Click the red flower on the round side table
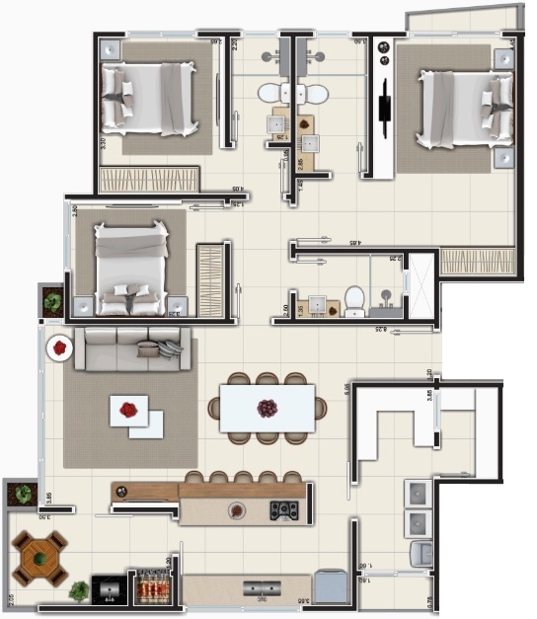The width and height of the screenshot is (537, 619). click(60, 348)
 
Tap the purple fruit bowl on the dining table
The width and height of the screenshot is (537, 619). click(267, 407)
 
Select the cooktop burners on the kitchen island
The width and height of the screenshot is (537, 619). click(285, 510)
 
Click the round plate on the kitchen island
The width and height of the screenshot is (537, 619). click(236, 510)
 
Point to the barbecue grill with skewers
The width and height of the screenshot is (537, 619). click(151, 589)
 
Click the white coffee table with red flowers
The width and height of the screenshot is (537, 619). click(136, 415)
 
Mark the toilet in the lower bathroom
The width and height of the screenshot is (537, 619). click(354, 300)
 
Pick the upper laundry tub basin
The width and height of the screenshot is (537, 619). click(419, 493)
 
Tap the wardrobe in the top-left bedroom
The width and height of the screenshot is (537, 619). click(149, 180)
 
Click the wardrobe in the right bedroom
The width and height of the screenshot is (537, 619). click(478, 261)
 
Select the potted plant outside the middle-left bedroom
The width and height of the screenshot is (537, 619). click(52, 301)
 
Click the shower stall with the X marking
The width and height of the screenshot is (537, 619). click(422, 286)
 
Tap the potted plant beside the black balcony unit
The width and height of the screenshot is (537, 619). click(79, 590)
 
